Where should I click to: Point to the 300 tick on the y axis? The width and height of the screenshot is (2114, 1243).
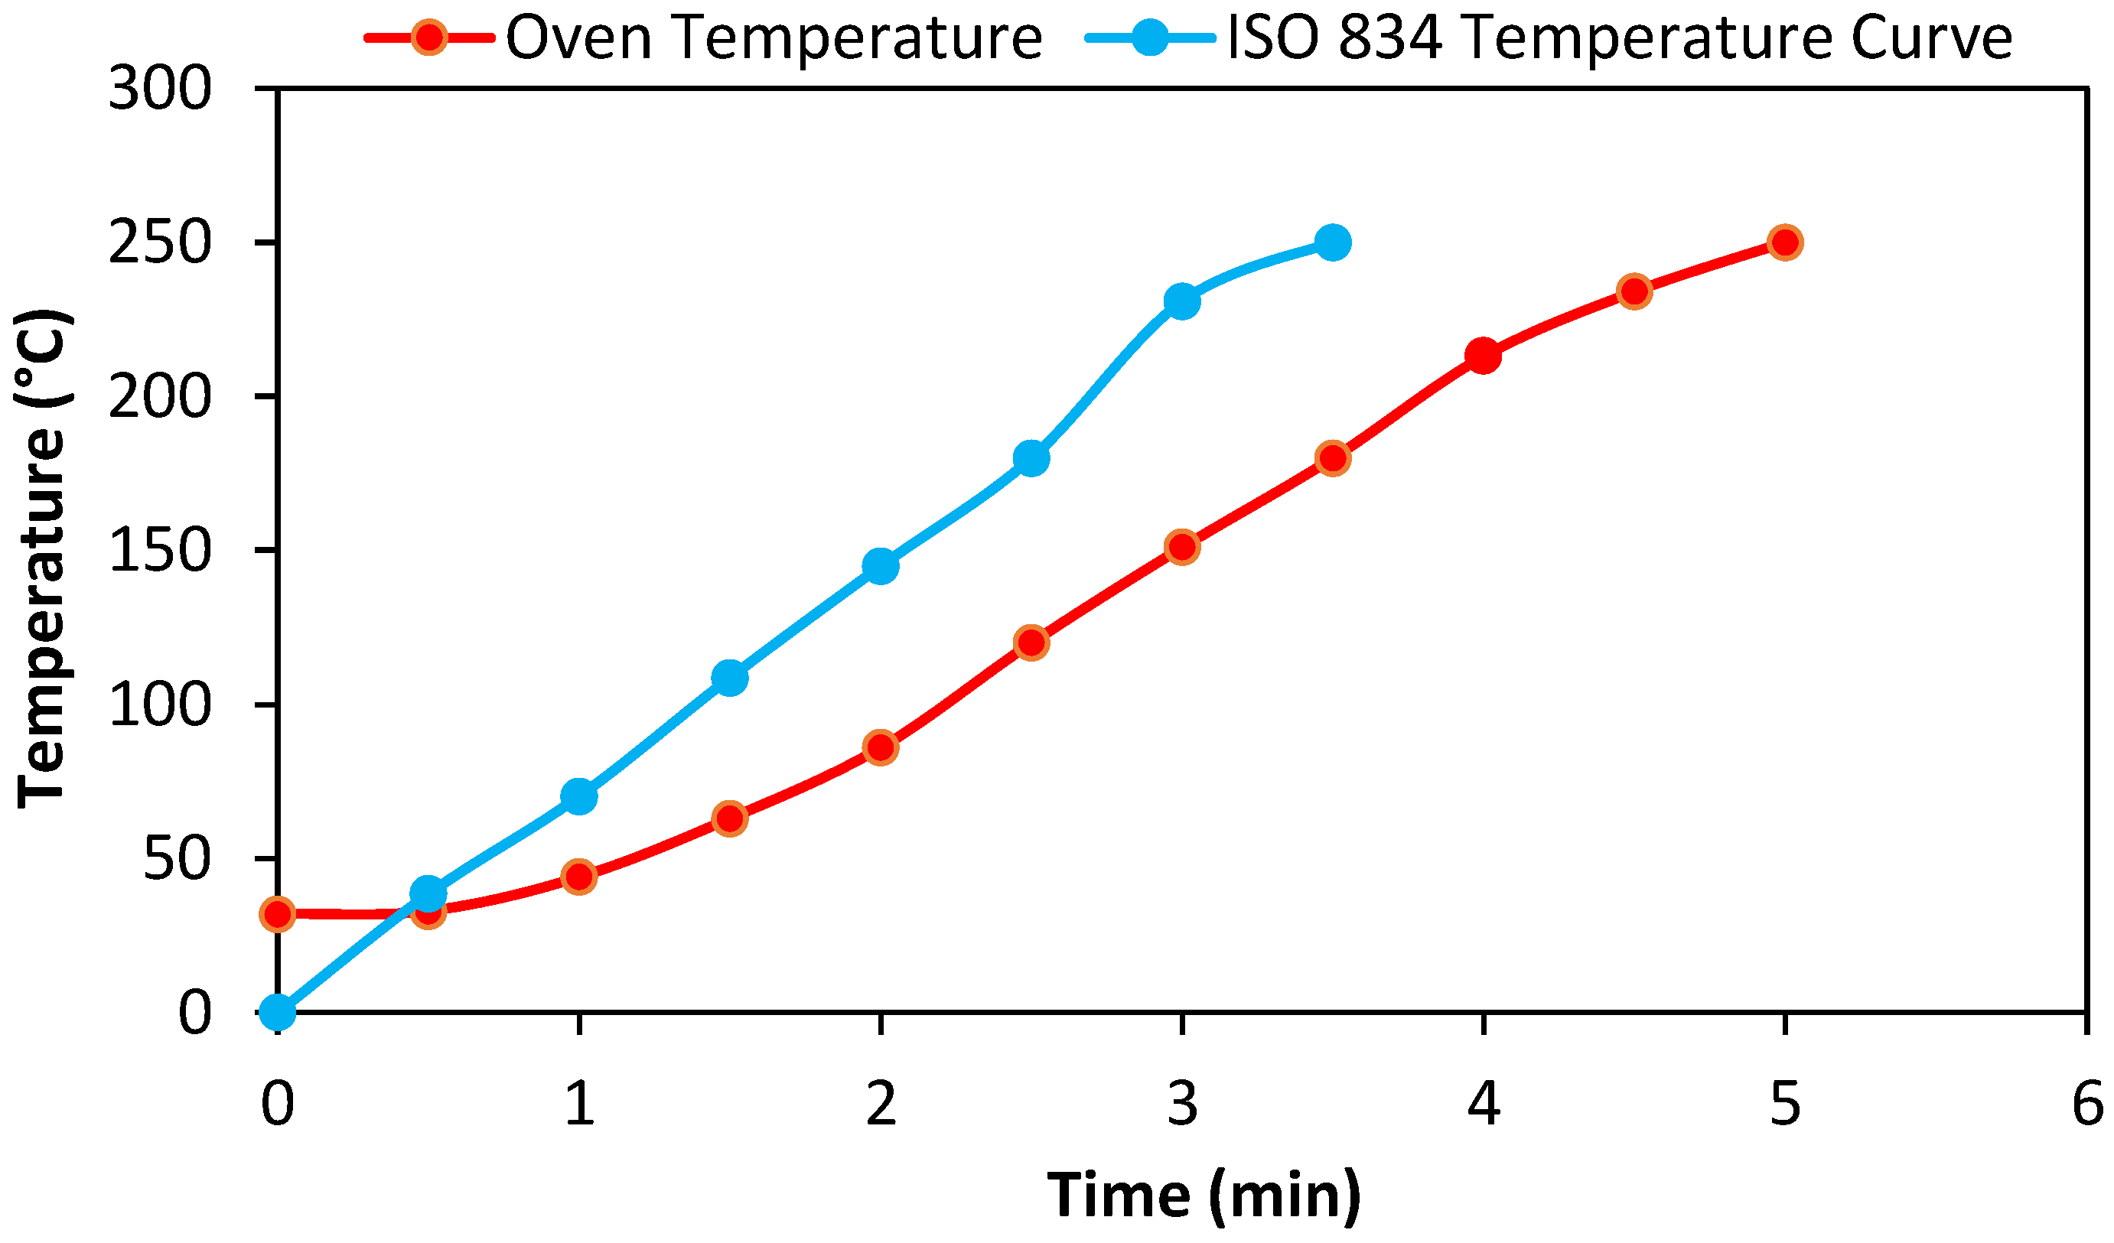pos(159,88)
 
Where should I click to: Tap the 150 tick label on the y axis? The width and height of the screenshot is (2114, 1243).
pos(159,551)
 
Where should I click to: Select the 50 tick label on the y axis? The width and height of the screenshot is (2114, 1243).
pos(176,860)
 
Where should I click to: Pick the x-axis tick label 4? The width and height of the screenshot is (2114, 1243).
pos(1483,1105)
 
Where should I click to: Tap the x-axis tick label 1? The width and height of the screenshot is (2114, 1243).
pos(579,1105)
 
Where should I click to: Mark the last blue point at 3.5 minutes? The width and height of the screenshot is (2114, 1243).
pos(1333,242)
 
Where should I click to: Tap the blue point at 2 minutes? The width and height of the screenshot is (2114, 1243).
pos(880,566)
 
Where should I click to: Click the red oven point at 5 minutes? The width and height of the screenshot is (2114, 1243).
pos(1785,242)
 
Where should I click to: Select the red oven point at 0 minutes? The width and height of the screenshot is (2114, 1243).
pos(278,914)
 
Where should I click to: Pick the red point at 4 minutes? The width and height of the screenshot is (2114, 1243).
pos(1483,356)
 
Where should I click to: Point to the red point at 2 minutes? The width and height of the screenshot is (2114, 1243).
pos(880,747)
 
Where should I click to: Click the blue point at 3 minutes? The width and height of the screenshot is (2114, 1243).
pos(1182,301)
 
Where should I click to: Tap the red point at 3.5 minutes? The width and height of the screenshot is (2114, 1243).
pos(1333,458)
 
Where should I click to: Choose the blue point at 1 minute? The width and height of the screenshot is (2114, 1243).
pos(579,796)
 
